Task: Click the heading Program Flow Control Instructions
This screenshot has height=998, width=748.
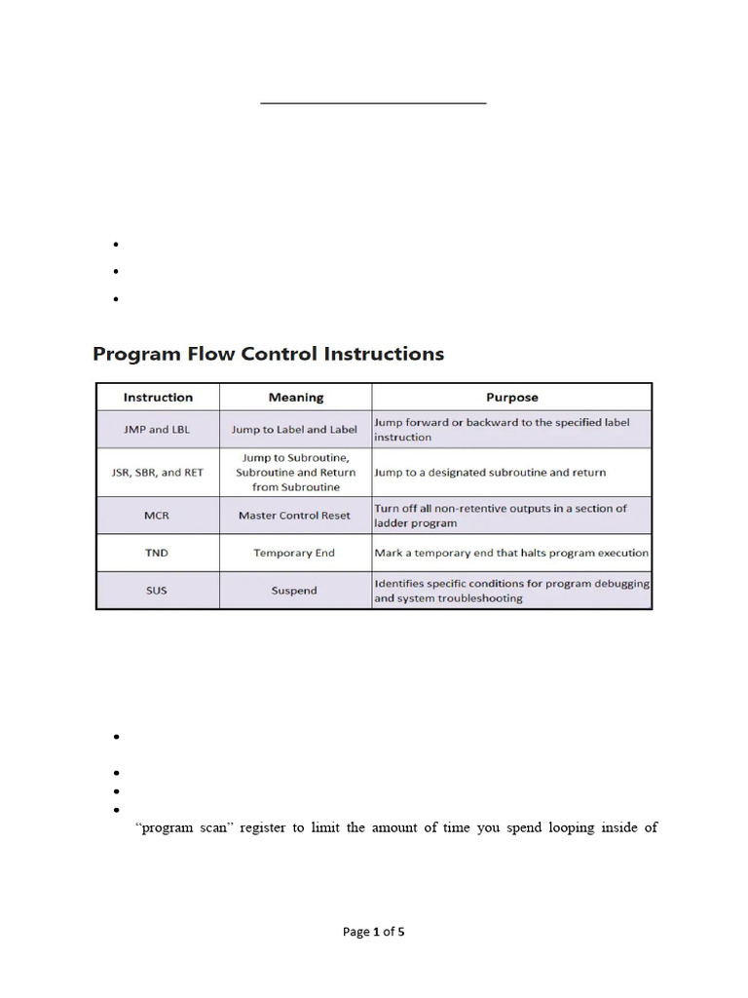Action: tap(268, 354)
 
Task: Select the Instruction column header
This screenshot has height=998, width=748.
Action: tap(158, 398)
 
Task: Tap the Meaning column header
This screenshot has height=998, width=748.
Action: tap(296, 398)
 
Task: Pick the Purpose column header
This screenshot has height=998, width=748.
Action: tap(511, 398)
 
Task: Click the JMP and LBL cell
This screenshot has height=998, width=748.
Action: tap(158, 430)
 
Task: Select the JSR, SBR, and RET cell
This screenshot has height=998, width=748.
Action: tap(158, 473)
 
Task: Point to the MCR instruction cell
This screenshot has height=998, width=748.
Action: tap(158, 516)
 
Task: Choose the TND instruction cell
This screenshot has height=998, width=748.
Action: tap(158, 553)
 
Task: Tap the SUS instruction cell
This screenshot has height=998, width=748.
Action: tap(158, 591)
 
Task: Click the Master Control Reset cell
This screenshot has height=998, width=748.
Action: tap(294, 516)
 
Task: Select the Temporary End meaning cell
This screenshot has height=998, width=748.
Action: tap(294, 553)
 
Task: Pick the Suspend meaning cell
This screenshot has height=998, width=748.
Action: tap(294, 591)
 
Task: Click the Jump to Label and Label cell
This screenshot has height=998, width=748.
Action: tap(294, 430)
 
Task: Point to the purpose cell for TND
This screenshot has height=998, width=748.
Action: tap(511, 553)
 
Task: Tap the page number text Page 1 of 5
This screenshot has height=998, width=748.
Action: tap(373, 932)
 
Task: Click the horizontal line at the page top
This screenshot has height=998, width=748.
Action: tap(373, 102)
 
